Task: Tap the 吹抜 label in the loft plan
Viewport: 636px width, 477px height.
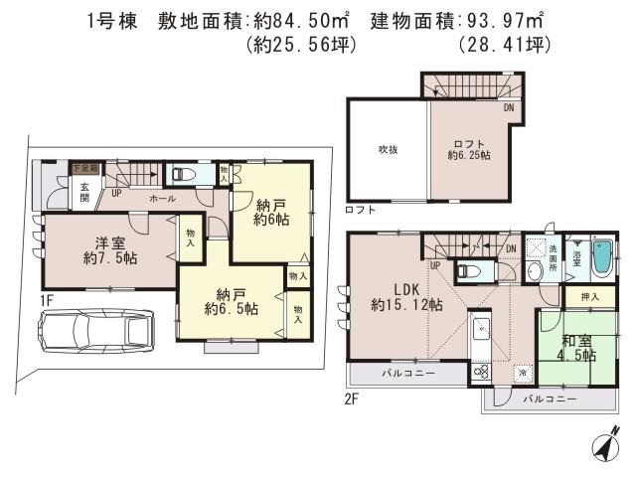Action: coord(388,149)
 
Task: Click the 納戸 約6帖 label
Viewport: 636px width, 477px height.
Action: coord(270,212)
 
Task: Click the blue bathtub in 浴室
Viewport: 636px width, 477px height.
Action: coord(600,260)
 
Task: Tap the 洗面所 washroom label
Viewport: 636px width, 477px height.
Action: coord(554,253)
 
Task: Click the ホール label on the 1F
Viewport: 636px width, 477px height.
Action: coord(163,198)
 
